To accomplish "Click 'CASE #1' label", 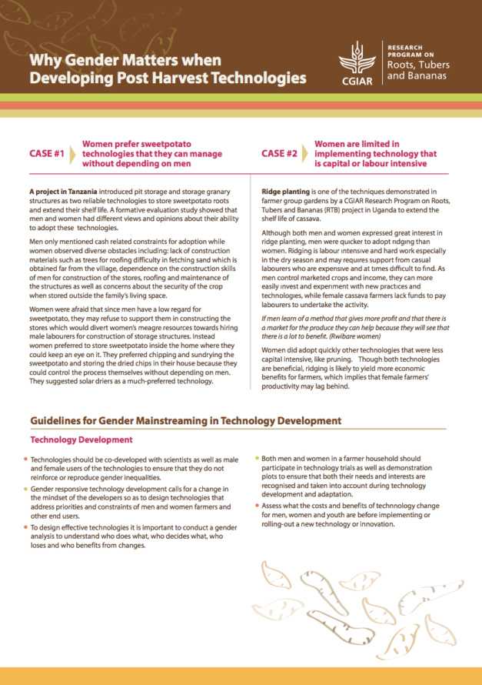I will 46,154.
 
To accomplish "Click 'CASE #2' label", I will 279,153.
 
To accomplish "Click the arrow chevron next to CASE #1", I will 74,153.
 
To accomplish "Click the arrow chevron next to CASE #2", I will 306,153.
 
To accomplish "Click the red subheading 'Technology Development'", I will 81,439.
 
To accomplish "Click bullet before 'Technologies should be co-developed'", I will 25,459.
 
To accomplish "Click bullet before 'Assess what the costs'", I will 256,505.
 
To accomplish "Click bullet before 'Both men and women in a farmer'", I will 256,457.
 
